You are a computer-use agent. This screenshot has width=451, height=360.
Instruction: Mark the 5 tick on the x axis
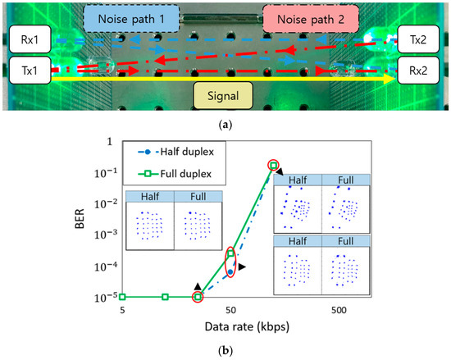pyautogui.click(x=122, y=312)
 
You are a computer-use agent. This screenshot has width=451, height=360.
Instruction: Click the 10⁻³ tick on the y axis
pyautogui.click(x=102, y=235)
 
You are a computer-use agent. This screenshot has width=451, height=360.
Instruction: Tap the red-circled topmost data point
pyautogui.click(x=273, y=166)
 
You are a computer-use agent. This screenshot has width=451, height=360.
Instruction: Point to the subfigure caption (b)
pyautogui.click(x=225, y=352)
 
